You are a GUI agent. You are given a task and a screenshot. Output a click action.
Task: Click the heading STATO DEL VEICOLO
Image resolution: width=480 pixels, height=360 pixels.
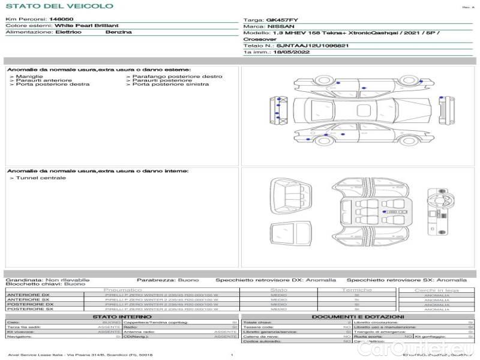pyautogui.click(x=59, y=7)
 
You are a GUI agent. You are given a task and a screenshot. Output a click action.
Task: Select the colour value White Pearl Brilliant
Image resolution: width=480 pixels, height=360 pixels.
pyautogui.click(x=86, y=26)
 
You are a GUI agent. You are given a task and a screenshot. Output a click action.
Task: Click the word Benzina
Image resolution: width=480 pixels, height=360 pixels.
pyautogui.click(x=118, y=32)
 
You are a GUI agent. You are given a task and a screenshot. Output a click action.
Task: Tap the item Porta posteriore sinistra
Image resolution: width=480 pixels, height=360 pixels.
pyautogui.click(x=171, y=85)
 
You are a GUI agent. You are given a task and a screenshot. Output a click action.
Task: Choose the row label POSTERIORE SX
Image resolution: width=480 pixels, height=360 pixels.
pyautogui.click(x=29, y=309)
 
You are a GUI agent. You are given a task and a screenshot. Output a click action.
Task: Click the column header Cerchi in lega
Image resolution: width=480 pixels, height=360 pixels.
pyautogui.click(x=436, y=290)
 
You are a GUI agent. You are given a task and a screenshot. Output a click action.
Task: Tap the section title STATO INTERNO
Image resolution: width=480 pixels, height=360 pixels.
pyautogui.click(x=122, y=317)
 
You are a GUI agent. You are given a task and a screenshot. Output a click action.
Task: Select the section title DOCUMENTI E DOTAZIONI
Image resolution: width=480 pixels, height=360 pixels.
pyautogui.click(x=358, y=317)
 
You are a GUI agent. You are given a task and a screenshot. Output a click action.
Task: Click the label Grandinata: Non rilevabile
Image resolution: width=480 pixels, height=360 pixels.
pyautogui.click(x=47, y=280)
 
